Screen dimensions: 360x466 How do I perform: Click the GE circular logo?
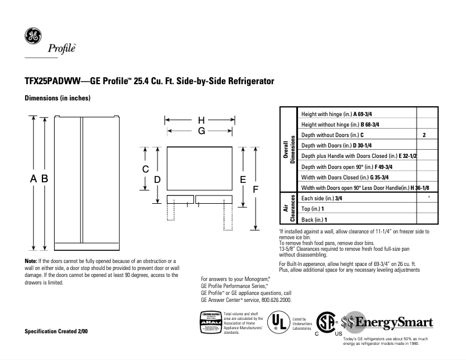[x=33, y=36]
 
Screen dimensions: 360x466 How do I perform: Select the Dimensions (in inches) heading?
[x=58, y=98]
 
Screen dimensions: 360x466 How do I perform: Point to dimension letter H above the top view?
[x=201, y=120]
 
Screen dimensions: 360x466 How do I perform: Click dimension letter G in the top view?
[x=201, y=131]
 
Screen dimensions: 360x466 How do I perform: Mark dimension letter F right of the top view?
[x=255, y=189]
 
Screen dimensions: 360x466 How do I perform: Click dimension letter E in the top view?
[x=243, y=179]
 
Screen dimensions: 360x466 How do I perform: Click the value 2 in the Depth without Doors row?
[x=425, y=135]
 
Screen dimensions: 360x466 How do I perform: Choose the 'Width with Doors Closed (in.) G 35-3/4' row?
[x=337, y=177]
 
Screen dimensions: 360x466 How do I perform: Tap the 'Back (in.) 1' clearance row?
[x=314, y=219]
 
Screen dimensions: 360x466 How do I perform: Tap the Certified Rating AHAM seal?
[x=210, y=322]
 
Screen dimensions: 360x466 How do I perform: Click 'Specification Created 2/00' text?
[x=56, y=331]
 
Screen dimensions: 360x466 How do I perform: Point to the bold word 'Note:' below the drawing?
[x=31, y=262]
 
